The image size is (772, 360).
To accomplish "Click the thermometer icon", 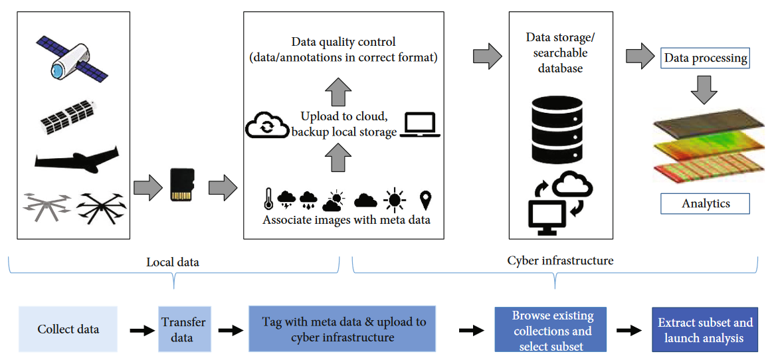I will pyautogui.click(x=268, y=199).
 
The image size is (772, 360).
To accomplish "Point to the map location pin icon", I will pyautogui.click(x=425, y=199).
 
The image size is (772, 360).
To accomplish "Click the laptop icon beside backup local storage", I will pyautogui.click(x=420, y=126).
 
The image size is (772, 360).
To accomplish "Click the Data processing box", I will pyautogui.click(x=706, y=58).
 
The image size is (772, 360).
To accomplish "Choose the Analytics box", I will pyautogui.click(x=706, y=203).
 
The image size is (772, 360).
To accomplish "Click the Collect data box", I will pyautogui.click(x=68, y=329).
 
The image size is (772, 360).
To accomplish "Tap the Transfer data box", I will pyautogui.click(x=183, y=329).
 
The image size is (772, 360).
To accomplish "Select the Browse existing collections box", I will pyautogui.click(x=551, y=329).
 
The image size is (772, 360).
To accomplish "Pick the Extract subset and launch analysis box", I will pyautogui.click(x=705, y=329).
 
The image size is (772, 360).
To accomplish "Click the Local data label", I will pyautogui.click(x=173, y=262).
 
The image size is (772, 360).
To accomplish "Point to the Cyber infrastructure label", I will pyautogui.click(x=560, y=260).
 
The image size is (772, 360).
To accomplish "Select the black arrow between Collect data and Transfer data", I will pyautogui.click(x=138, y=330).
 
